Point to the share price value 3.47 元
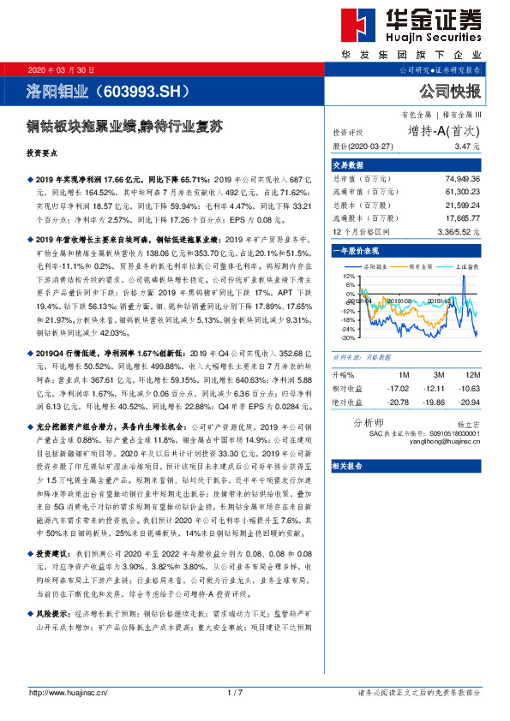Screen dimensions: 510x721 coord(467,146)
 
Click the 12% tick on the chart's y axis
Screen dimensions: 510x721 coord(346,277)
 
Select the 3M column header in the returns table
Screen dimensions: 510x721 coord(437,374)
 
